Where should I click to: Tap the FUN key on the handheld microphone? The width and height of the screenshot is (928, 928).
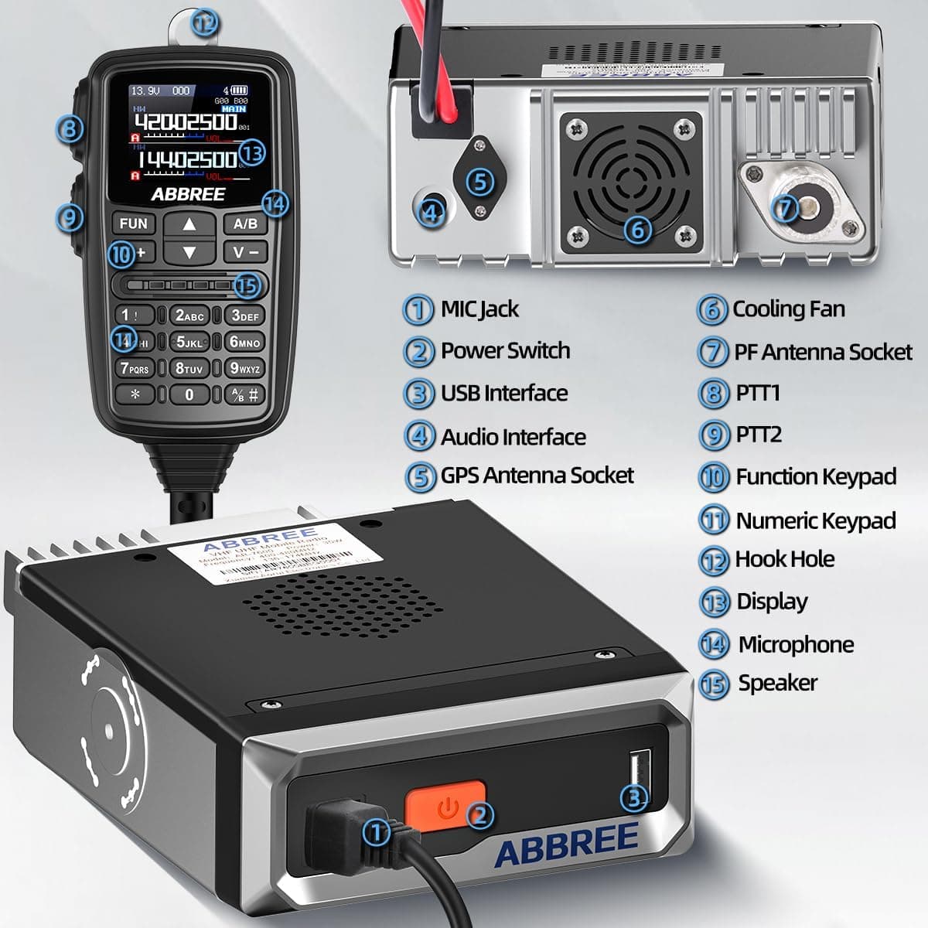[133, 223]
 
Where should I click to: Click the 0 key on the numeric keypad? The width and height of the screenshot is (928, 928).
[189, 394]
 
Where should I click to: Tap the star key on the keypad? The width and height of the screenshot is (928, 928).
[135, 394]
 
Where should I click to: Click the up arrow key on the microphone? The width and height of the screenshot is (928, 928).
[189, 223]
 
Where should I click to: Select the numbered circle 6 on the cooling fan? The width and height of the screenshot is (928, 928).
[637, 229]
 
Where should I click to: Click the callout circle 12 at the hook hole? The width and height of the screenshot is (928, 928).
[203, 22]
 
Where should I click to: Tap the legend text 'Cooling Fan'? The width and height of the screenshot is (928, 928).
[788, 309]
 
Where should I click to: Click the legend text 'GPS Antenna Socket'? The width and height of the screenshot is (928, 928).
[537, 475]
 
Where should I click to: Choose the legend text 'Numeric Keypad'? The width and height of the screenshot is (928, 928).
[815, 520]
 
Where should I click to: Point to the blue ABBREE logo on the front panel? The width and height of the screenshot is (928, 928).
[566, 844]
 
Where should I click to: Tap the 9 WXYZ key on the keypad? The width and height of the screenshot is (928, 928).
[244, 369]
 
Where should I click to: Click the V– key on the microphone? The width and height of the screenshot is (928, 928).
[245, 252]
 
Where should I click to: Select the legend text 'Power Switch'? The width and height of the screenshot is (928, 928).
[505, 350]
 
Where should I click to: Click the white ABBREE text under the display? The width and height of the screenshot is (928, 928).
[188, 194]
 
